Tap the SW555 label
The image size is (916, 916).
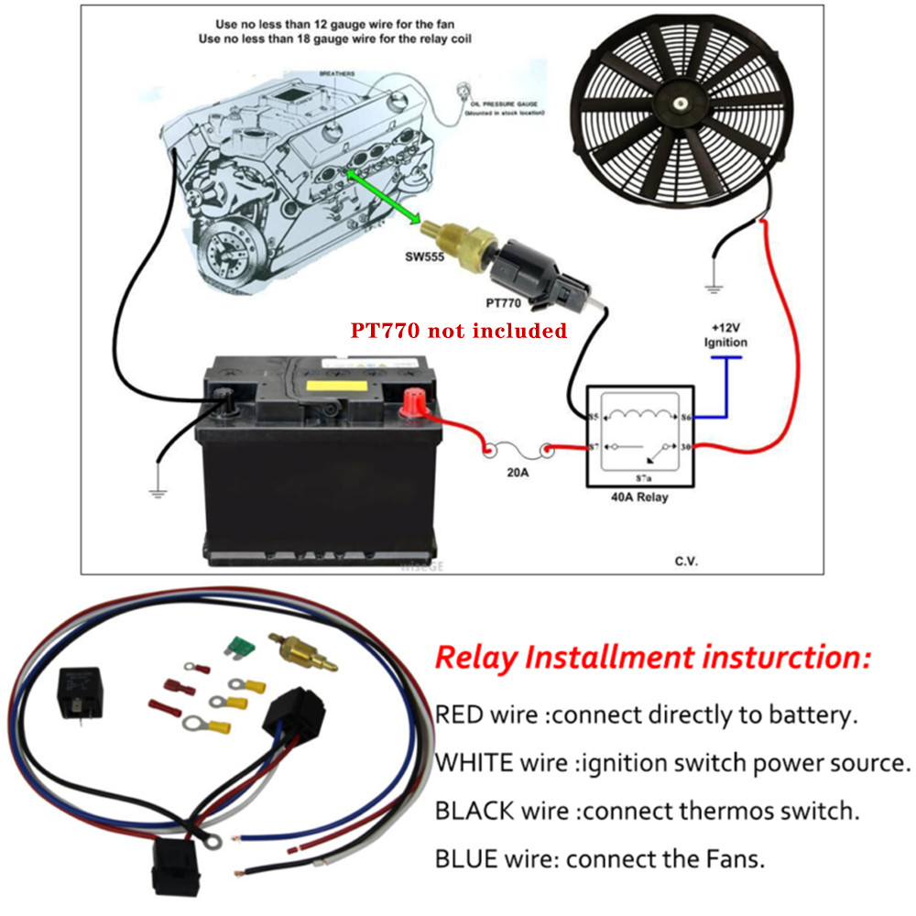426,257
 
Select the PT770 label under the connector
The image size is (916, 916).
504,300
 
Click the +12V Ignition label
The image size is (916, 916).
725,335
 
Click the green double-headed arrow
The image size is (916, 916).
383,194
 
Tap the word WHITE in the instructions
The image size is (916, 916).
471,763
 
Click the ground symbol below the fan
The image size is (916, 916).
714,288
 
